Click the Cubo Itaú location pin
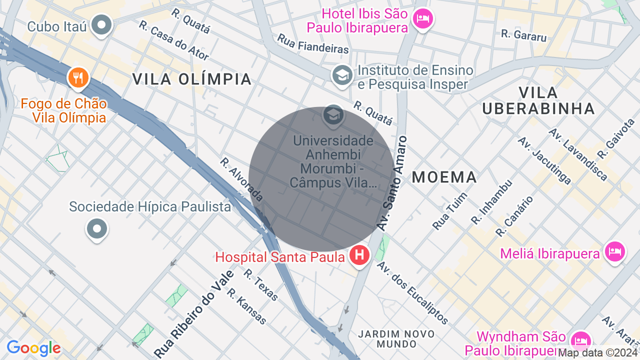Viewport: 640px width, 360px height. click(102, 24)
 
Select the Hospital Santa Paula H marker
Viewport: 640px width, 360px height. click(359, 255)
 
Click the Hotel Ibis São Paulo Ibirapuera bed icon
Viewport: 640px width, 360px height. click(423, 19)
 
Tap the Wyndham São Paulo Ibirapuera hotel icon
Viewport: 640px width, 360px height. click(581, 341)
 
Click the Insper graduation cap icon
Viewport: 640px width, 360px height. click(342, 75)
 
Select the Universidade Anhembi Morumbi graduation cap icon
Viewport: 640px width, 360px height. click(333, 115)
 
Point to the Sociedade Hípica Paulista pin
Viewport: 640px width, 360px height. click(97, 229)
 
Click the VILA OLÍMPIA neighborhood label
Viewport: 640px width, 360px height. click(191, 79)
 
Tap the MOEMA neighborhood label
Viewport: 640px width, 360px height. click(444, 177)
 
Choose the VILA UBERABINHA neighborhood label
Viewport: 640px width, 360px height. click(538, 100)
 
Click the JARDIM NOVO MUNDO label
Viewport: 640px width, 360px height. click(396, 338)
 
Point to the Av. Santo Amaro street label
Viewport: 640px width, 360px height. click(393, 183)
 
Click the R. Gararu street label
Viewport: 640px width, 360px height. click(523, 34)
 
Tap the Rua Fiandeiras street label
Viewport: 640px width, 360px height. click(313, 43)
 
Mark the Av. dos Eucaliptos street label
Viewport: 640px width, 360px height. click(412, 292)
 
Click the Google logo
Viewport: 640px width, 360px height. click(33, 348)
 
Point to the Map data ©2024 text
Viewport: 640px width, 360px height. click(598, 353)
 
